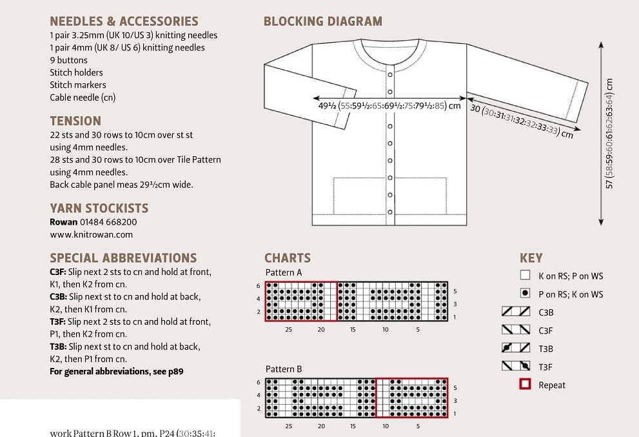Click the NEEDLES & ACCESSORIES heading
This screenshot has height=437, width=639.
pyautogui.click(x=124, y=22)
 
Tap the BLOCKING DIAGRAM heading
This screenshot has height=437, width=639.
pyautogui.click(x=322, y=22)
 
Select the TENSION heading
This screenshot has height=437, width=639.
pyautogui.click(x=75, y=121)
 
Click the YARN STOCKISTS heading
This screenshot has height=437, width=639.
pyautogui.click(x=99, y=208)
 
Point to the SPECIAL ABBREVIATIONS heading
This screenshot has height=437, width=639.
pyautogui.click(x=123, y=258)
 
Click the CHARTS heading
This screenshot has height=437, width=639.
pyautogui.click(x=287, y=258)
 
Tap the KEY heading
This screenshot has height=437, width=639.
pyautogui.click(x=531, y=258)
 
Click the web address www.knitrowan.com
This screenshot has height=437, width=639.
pyautogui.click(x=91, y=234)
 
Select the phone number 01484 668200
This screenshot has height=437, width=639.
pyautogui.click(x=108, y=222)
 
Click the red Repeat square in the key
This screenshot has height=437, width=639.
pyautogui.click(x=525, y=385)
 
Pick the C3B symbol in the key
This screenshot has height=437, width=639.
pyautogui.click(x=516, y=312)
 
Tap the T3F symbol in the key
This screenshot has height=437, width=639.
pyautogui.click(x=516, y=367)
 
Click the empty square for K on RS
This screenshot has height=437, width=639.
pyautogui.click(x=525, y=276)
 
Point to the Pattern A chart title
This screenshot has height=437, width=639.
pyautogui.click(x=284, y=272)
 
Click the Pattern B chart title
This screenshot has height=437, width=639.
pyautogui.click(x=284, y=369)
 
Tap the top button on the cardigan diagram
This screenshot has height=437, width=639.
pyautogui.click(x=389, y=76)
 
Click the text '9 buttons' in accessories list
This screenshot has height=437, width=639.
pyautogui.click(x=68, y=60)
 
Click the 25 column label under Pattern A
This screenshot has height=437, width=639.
pyautogui.click(x=288, y=329)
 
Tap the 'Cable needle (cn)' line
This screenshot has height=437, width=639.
pyautogui.click(x=83, y=97)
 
